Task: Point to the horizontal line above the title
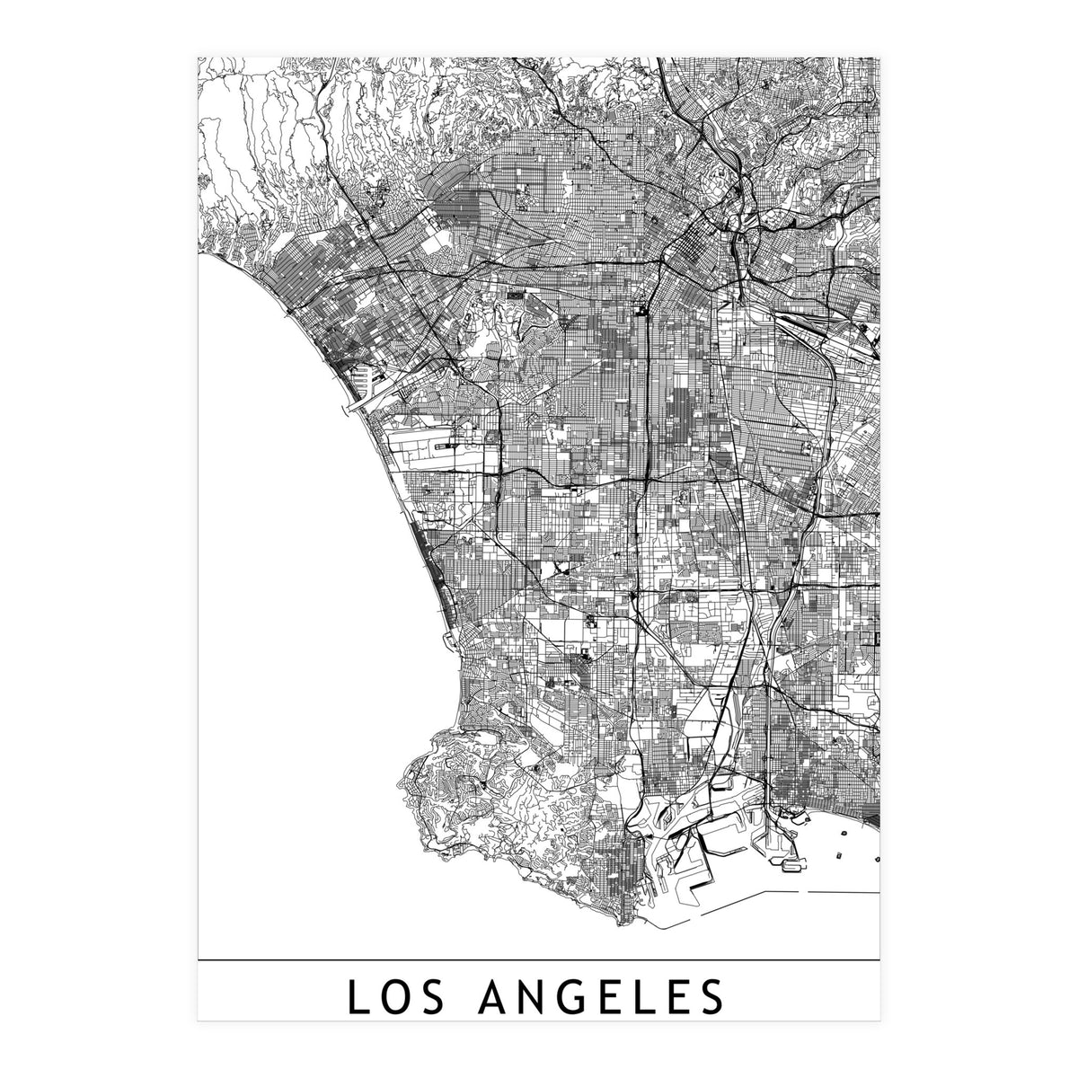(539, 961)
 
